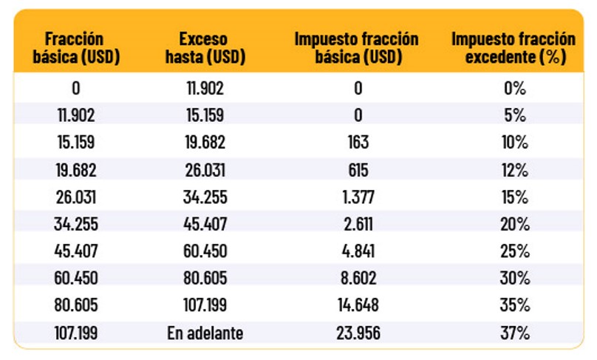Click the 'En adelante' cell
(x=205, y=333)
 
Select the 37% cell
(x=514, y=333)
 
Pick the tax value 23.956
(x=357, y=333)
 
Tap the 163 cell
(x=357, y=143)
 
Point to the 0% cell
(x=514, y=89)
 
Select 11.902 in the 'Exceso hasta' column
(x=205, y=89)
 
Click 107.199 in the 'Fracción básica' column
(x=76, y=333)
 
